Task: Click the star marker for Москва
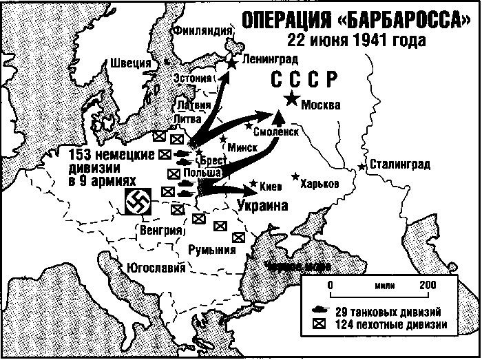pyautogui.click(x=293, y=100)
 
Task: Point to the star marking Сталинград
pyautogui.click(x=361, y=167)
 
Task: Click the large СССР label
pyautogui.click(x=302, y=78)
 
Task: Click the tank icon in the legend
pyautogui.click(x=320, y=310)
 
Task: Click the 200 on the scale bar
pyautogui.click(x=427, y=284)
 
